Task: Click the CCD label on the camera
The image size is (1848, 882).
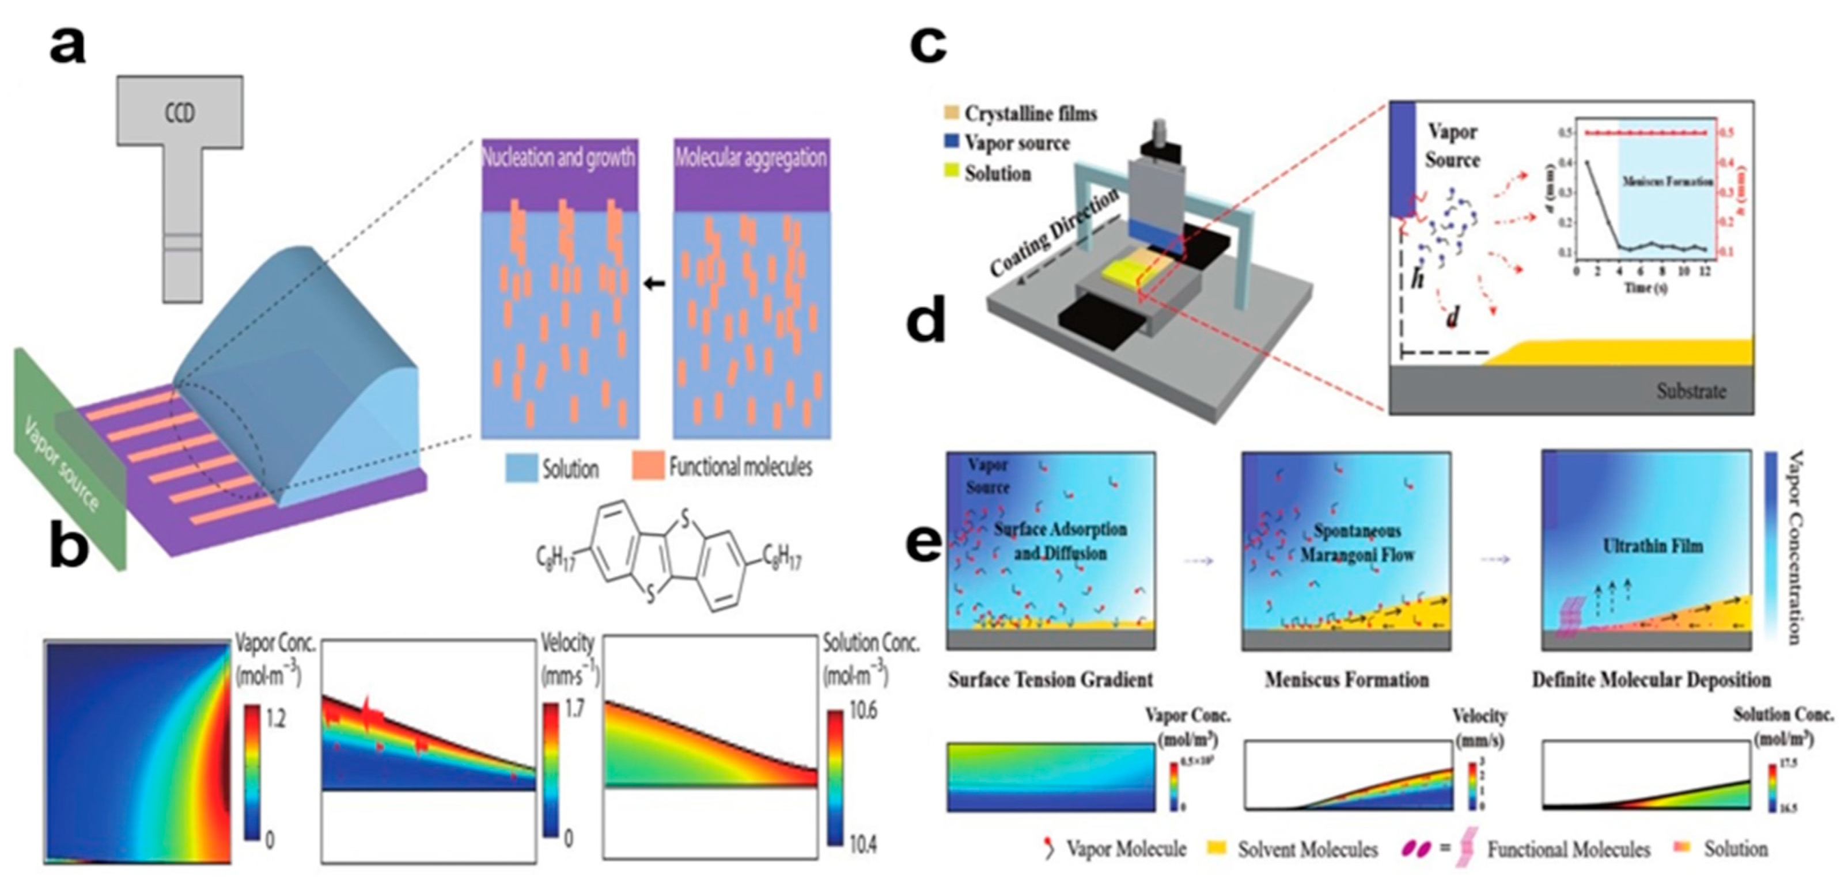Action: [x=179, y=113]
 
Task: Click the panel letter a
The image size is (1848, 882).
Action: [x=68, y=46]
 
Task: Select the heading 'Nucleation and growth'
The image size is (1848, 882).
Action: [x=558, y=157]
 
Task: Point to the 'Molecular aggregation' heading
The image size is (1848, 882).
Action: [x=751, y=157]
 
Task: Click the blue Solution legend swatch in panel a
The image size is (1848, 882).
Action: [x=521, y=467]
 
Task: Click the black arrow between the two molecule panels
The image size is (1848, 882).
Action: [x=654, y=284]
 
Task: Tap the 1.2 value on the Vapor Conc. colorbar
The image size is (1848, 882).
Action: [x=275, y=718]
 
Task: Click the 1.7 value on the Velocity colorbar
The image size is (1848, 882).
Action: [x=574, y=709]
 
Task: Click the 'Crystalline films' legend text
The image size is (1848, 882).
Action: [x=1030, y=114]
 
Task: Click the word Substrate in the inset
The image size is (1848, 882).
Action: [x=1690, y=391]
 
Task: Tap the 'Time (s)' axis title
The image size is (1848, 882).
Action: [x=1640, y=287]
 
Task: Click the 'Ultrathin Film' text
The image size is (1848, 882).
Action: [x=1652, y=546]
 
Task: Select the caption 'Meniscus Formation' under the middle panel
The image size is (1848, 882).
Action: [x=1347, y=679]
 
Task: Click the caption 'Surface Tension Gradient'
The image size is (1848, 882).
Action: [x=1050, y=679]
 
